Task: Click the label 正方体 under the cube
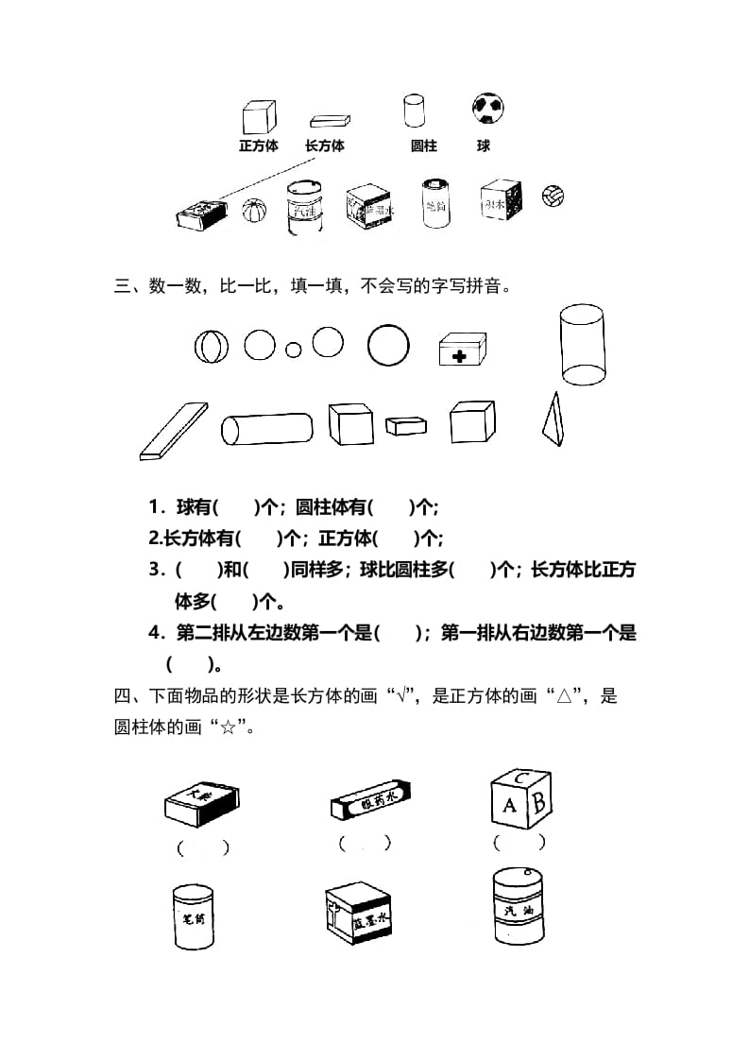click(x=258, y=146)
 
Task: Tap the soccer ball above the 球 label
click(x=486, y=109)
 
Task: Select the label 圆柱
click(x=424, y=146)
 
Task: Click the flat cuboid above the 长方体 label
click(x=330, y=121)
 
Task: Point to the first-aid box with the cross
click(x=462, y=350)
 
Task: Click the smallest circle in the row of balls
click(x=294, y=350)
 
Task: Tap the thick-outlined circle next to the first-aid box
click(x=388, y=345)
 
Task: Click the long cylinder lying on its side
click(x=266, y=428)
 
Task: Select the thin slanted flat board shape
click(x=173, y=431)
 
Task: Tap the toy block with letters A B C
click(x=520, y=799)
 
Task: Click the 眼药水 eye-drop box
click(x=368, y=802)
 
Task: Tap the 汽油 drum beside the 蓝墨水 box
click(x=519, y=907)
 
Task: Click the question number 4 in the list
click(x=154, y=633)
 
